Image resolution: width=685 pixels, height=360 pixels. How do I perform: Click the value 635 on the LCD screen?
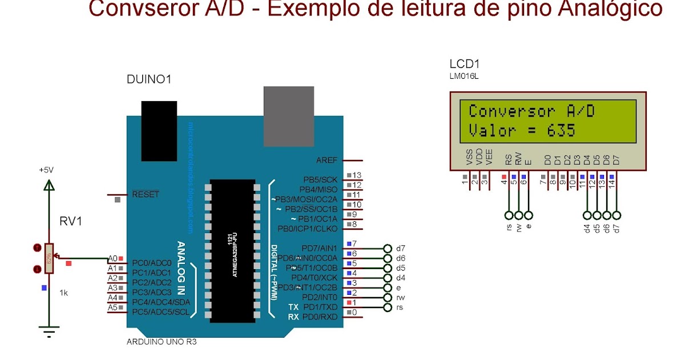click(x=561, y=130)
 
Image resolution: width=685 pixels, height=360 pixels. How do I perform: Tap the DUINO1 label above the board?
click(x=149, y=80)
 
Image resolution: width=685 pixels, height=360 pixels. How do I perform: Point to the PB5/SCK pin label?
click(x=320, y=179)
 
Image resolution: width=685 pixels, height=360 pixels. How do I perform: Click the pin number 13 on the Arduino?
click(x=357, y=175)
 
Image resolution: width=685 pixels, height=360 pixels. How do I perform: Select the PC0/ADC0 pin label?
click(x=152, y=263)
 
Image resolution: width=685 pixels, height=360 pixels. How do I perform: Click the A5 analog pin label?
click(x=112, y=307)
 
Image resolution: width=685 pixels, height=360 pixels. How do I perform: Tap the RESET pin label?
click(x=146, y=194)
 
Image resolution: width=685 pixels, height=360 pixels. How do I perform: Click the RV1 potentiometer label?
click(x=71, y=221)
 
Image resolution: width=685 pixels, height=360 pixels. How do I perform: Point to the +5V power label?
click(x=46, y=170)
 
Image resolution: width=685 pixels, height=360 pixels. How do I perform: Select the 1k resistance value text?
click(x=64, y=293)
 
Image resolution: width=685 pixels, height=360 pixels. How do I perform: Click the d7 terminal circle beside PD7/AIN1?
click(x=388, y=249)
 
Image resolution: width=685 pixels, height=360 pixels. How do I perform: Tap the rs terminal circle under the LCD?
click(x=509, y=215)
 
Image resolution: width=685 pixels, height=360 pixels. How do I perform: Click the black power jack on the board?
click(x=159, y=131)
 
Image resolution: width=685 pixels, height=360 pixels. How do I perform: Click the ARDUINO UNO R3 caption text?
click(x=162, y=342)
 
